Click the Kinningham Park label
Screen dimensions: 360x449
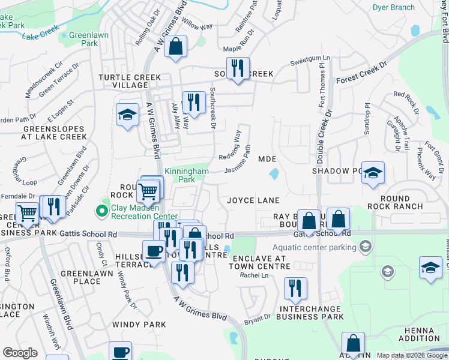pos(187,175)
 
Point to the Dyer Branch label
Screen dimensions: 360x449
pos(393,7)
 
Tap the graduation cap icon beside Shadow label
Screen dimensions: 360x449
pos(373,173)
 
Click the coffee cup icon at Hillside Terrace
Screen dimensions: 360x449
pos(154,251)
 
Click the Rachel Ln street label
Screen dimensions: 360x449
pos(250,275)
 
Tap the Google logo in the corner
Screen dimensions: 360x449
pos(20,353)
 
